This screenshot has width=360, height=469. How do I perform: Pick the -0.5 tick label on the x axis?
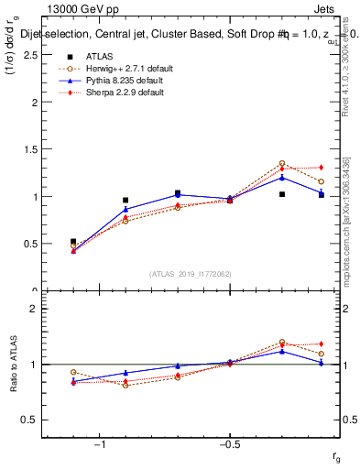229,444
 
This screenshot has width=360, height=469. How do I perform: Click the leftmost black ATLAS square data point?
73,242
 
